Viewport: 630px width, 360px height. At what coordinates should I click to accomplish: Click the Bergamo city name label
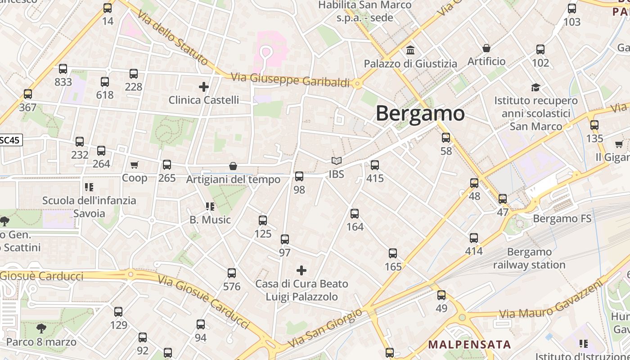pos(420,113)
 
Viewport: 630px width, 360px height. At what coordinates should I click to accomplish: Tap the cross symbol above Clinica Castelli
pos(204,86)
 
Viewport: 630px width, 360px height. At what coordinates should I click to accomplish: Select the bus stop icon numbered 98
pos(299,176)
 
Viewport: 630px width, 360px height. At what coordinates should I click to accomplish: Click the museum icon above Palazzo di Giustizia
pos(410,50)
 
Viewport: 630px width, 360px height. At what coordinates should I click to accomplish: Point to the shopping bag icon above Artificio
pos(486,48)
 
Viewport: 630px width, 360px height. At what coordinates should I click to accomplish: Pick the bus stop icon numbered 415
pos(375,165)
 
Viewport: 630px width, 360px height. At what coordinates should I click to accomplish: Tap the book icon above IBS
pos(336,161)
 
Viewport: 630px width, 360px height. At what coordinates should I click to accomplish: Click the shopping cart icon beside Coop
pos(134,165)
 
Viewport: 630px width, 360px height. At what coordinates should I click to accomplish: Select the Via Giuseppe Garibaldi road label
pos(290,80)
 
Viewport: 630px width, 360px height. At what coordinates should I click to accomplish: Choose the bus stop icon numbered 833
pos(63,69)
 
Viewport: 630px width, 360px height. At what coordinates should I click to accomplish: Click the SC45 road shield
pos(10,140)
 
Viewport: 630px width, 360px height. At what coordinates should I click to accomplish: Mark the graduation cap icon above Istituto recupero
pos(535,87)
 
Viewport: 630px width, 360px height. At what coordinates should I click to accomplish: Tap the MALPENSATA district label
pos(469,345)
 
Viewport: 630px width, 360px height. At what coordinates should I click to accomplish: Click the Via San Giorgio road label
pos(325,328)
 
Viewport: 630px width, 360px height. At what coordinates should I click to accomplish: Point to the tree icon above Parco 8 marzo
pos(41,328)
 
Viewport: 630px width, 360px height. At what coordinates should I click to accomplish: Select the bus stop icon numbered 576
pos(232,273)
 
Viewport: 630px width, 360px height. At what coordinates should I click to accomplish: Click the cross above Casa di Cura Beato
pos(301,270)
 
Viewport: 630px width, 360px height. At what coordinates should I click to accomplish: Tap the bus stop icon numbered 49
pos(441,295)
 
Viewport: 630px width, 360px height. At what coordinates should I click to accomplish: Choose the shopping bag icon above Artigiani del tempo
pos(233,166)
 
